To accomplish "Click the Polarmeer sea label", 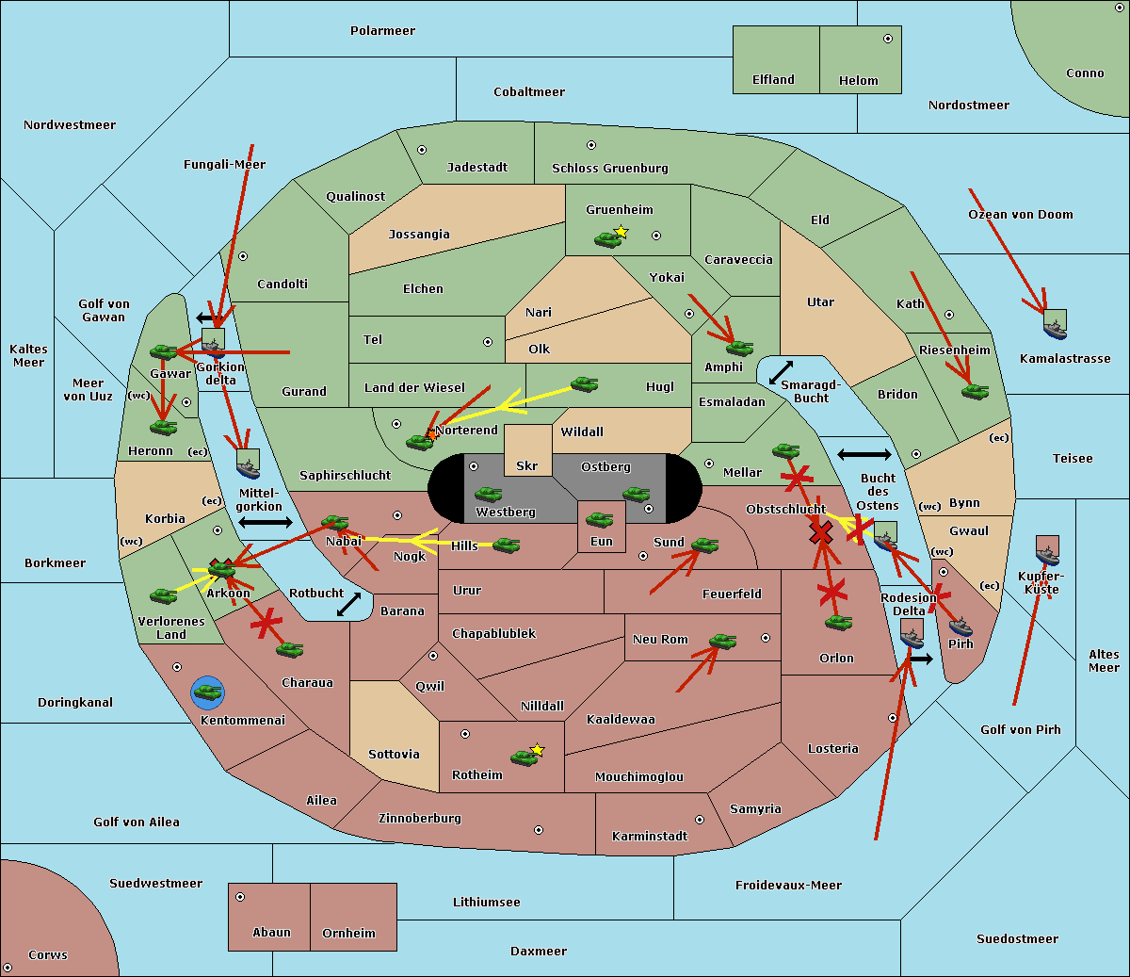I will coord(382,31).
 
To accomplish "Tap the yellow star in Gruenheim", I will coord(621,232).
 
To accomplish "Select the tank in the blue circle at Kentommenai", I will coord(207,692).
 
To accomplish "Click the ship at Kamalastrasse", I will coord(1055,325).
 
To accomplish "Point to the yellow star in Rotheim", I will coord(537,750).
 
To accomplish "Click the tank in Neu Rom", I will coord(722,642).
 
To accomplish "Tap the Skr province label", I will coord(527,465).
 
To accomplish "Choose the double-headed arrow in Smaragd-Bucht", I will coord(782,372).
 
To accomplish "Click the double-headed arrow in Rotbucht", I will coord(348,604).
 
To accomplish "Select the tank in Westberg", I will coord(488,494).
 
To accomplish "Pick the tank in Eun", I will coord(599,519).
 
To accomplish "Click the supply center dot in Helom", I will coord(887,39).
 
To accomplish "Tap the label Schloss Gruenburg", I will coord(609,169).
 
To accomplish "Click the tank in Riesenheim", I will coord(975,391).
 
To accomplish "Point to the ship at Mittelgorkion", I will coord(248,464).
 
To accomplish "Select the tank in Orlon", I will coord(837,622).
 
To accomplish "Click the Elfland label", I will coord(773,80).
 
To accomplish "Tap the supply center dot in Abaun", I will coord(240,897).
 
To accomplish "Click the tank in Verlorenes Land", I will coord(163,595).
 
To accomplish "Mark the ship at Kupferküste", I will coord(1047,550).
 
